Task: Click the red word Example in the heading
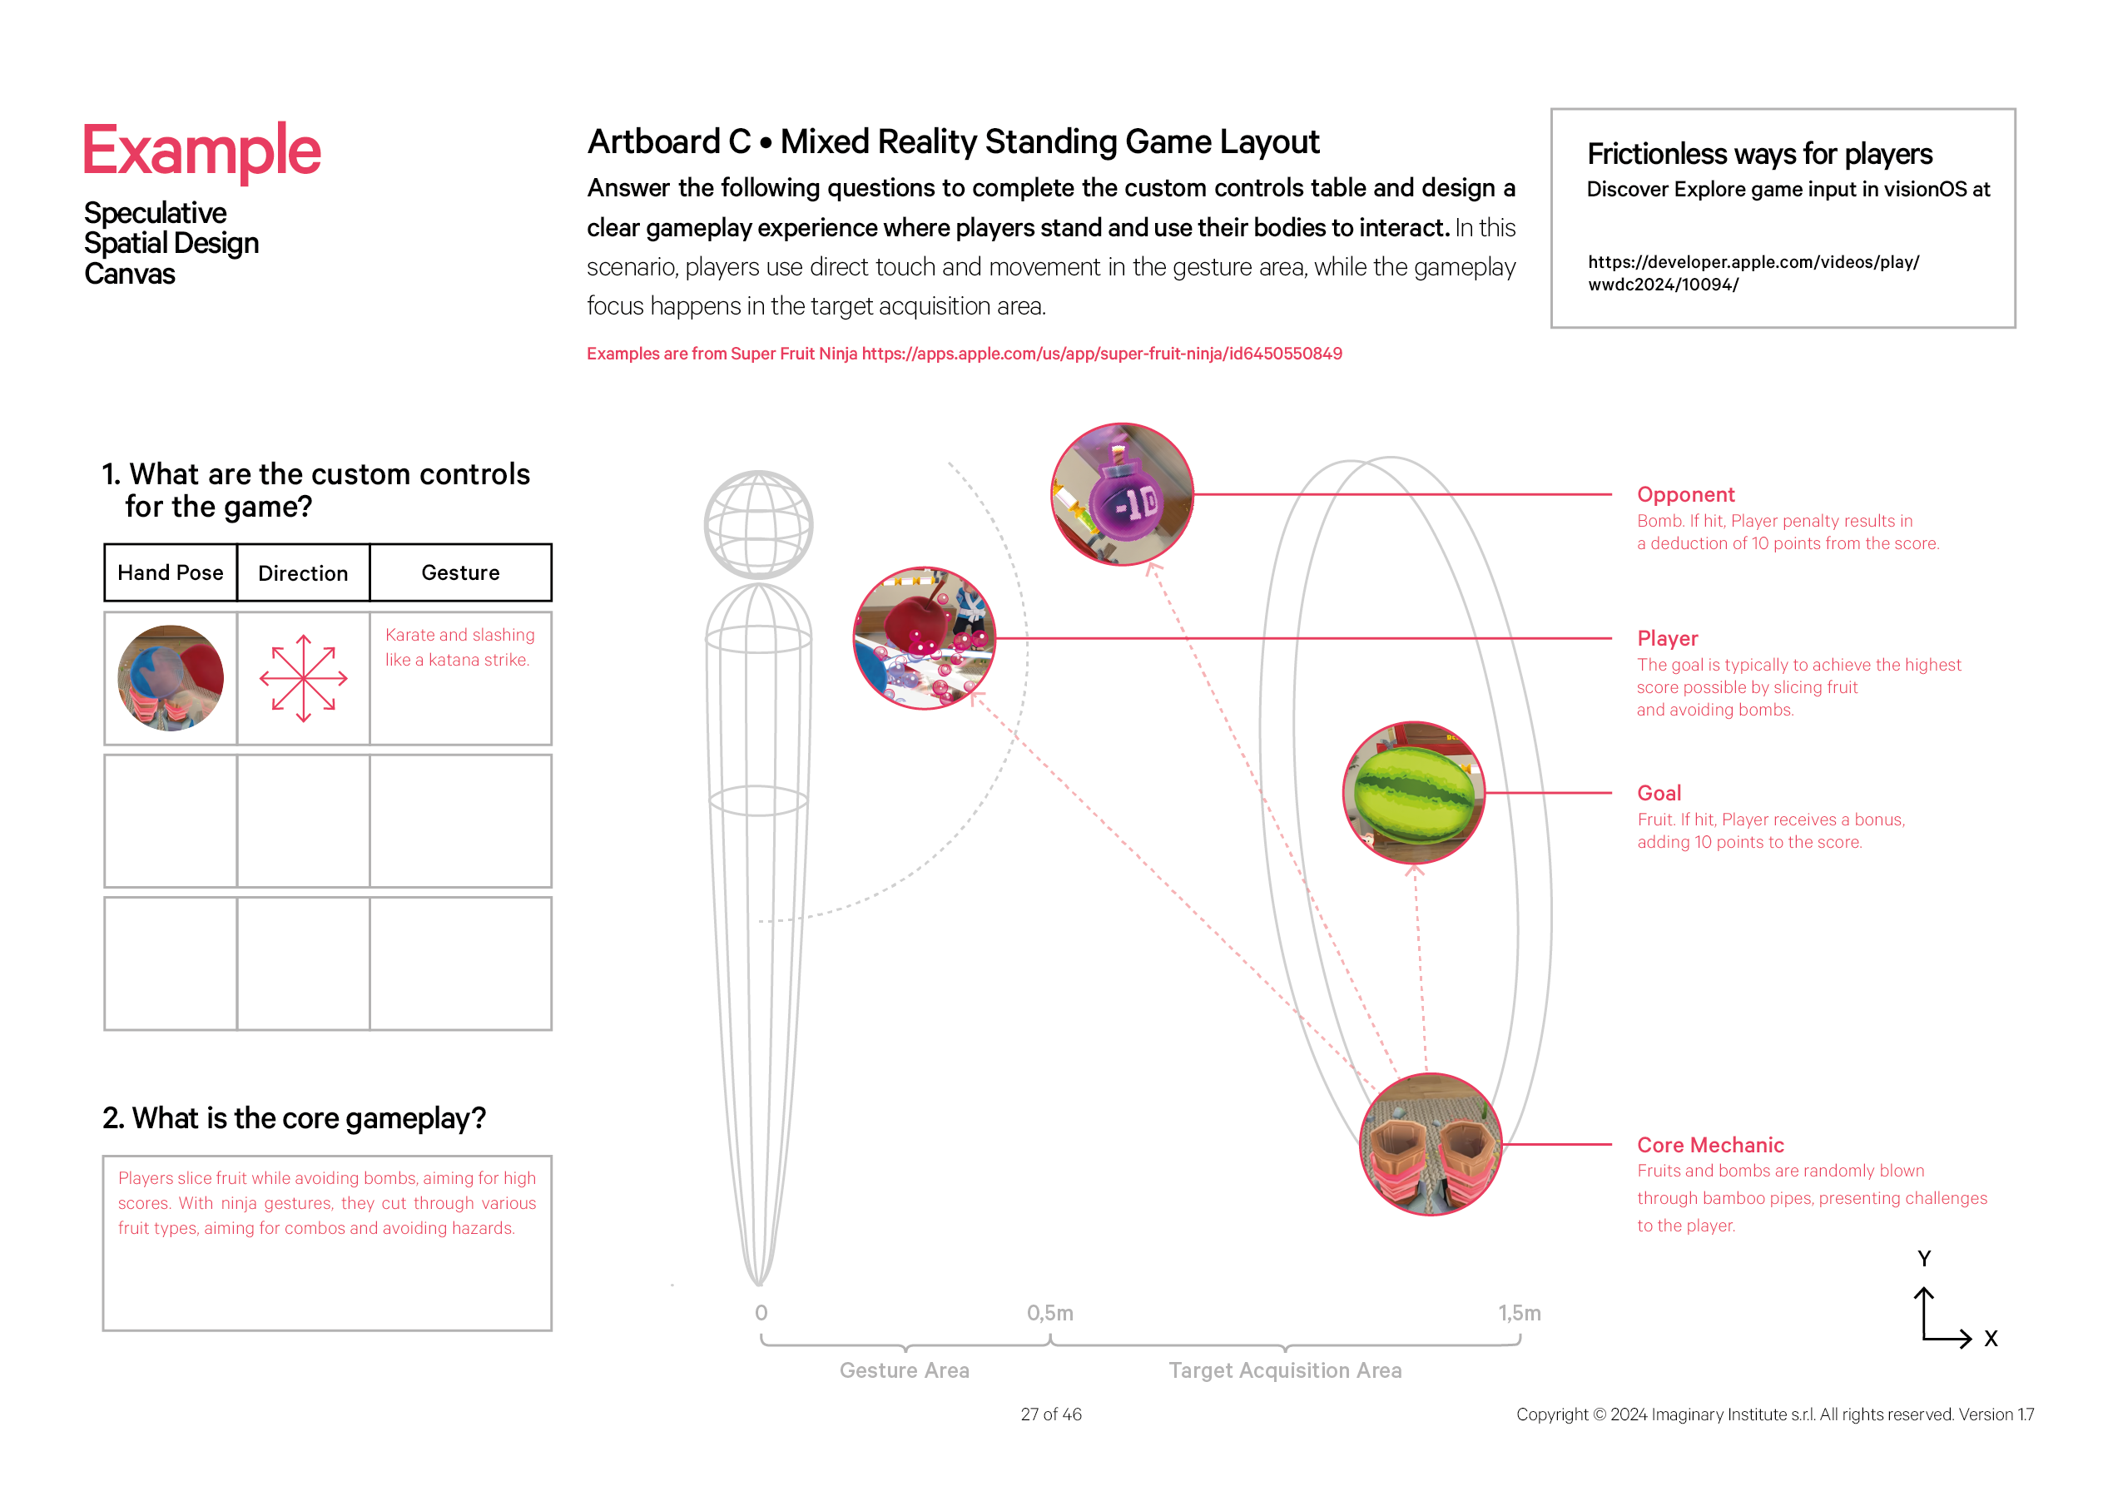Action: coord(201,151)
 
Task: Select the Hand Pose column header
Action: coord(171,573)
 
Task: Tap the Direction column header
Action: coord(303,574)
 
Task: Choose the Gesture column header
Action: coord(460,573)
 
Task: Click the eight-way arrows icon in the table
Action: coord(303,678)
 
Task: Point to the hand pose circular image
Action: coord(171,678)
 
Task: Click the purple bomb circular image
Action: coord(1122,494)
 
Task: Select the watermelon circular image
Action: coord(1413,793)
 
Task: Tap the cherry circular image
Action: coord(925,638)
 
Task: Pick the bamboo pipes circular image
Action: coord(1431,1145)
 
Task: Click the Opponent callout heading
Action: coord(1685,494)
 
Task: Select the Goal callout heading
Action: coord(1659,793)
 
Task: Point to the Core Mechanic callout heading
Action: coord(1710,1145)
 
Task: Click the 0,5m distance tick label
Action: coord(1049,1313)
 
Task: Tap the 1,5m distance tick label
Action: coord(1520,1313)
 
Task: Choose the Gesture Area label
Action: coord(904,1370)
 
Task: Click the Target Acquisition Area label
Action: coord(1285,1370)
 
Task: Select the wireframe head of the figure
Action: coord(758,525)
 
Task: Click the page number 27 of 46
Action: coord(1050,1414)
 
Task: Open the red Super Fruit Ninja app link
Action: coord(1101,354)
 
